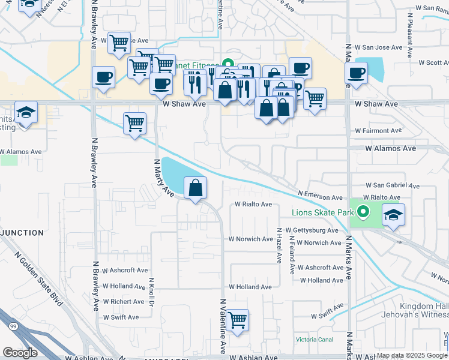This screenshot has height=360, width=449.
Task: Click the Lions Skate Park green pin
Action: click(363, 212)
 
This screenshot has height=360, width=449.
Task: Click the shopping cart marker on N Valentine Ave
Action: click(238, 320)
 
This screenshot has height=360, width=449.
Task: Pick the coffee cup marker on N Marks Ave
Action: click(357, 74)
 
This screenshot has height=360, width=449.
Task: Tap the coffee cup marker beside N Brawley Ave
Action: click(104, 78)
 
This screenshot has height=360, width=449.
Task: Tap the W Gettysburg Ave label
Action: click(312, 230)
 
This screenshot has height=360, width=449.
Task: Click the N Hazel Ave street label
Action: click(279, 245)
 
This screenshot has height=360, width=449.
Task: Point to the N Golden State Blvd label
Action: click(38, 280)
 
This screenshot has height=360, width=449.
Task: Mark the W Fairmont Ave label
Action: click(378, 130)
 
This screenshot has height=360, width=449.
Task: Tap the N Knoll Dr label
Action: click(152, 292)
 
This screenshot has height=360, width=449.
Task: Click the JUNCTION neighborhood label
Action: click(22, 233)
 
